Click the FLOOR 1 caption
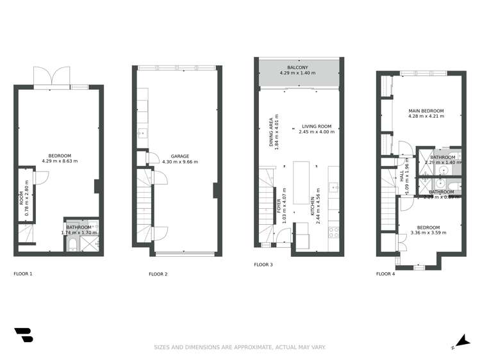pos(23,274)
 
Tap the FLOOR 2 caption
pos(158,274)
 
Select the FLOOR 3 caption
pos(263,265)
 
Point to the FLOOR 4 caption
pos(385,274)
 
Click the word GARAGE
pos(179,156)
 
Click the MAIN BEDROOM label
pos(426,111)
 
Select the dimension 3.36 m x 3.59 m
pos(428,233)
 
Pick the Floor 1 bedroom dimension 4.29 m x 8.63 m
pos(60,161)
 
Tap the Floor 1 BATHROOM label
pos(79,227)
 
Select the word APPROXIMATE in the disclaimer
pos(251,347)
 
